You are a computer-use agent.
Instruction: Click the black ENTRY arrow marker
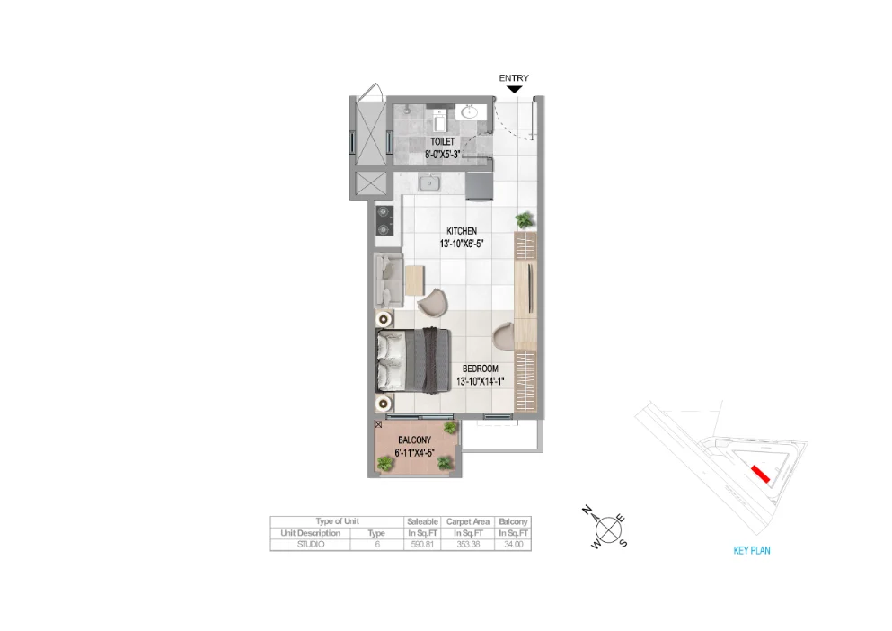coord(514,88)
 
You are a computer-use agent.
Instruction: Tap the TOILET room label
coord(442,142)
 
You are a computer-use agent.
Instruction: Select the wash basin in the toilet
coord(468,113)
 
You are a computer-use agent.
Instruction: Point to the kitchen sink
coord(430,183)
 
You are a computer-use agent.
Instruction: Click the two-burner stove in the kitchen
coord(386,221)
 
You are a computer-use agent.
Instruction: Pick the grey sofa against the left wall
coord(389,280)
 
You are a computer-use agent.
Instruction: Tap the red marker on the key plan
coord(759,474)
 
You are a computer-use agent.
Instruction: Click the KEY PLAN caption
coord(751,551)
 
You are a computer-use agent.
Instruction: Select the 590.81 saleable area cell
coord(421,545)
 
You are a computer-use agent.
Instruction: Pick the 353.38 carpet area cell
coord(466,545)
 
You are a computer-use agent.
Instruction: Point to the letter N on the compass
coord(587,511)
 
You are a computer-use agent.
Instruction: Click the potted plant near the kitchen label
coord(524,219)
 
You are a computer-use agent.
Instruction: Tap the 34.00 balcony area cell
coord(514,545)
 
